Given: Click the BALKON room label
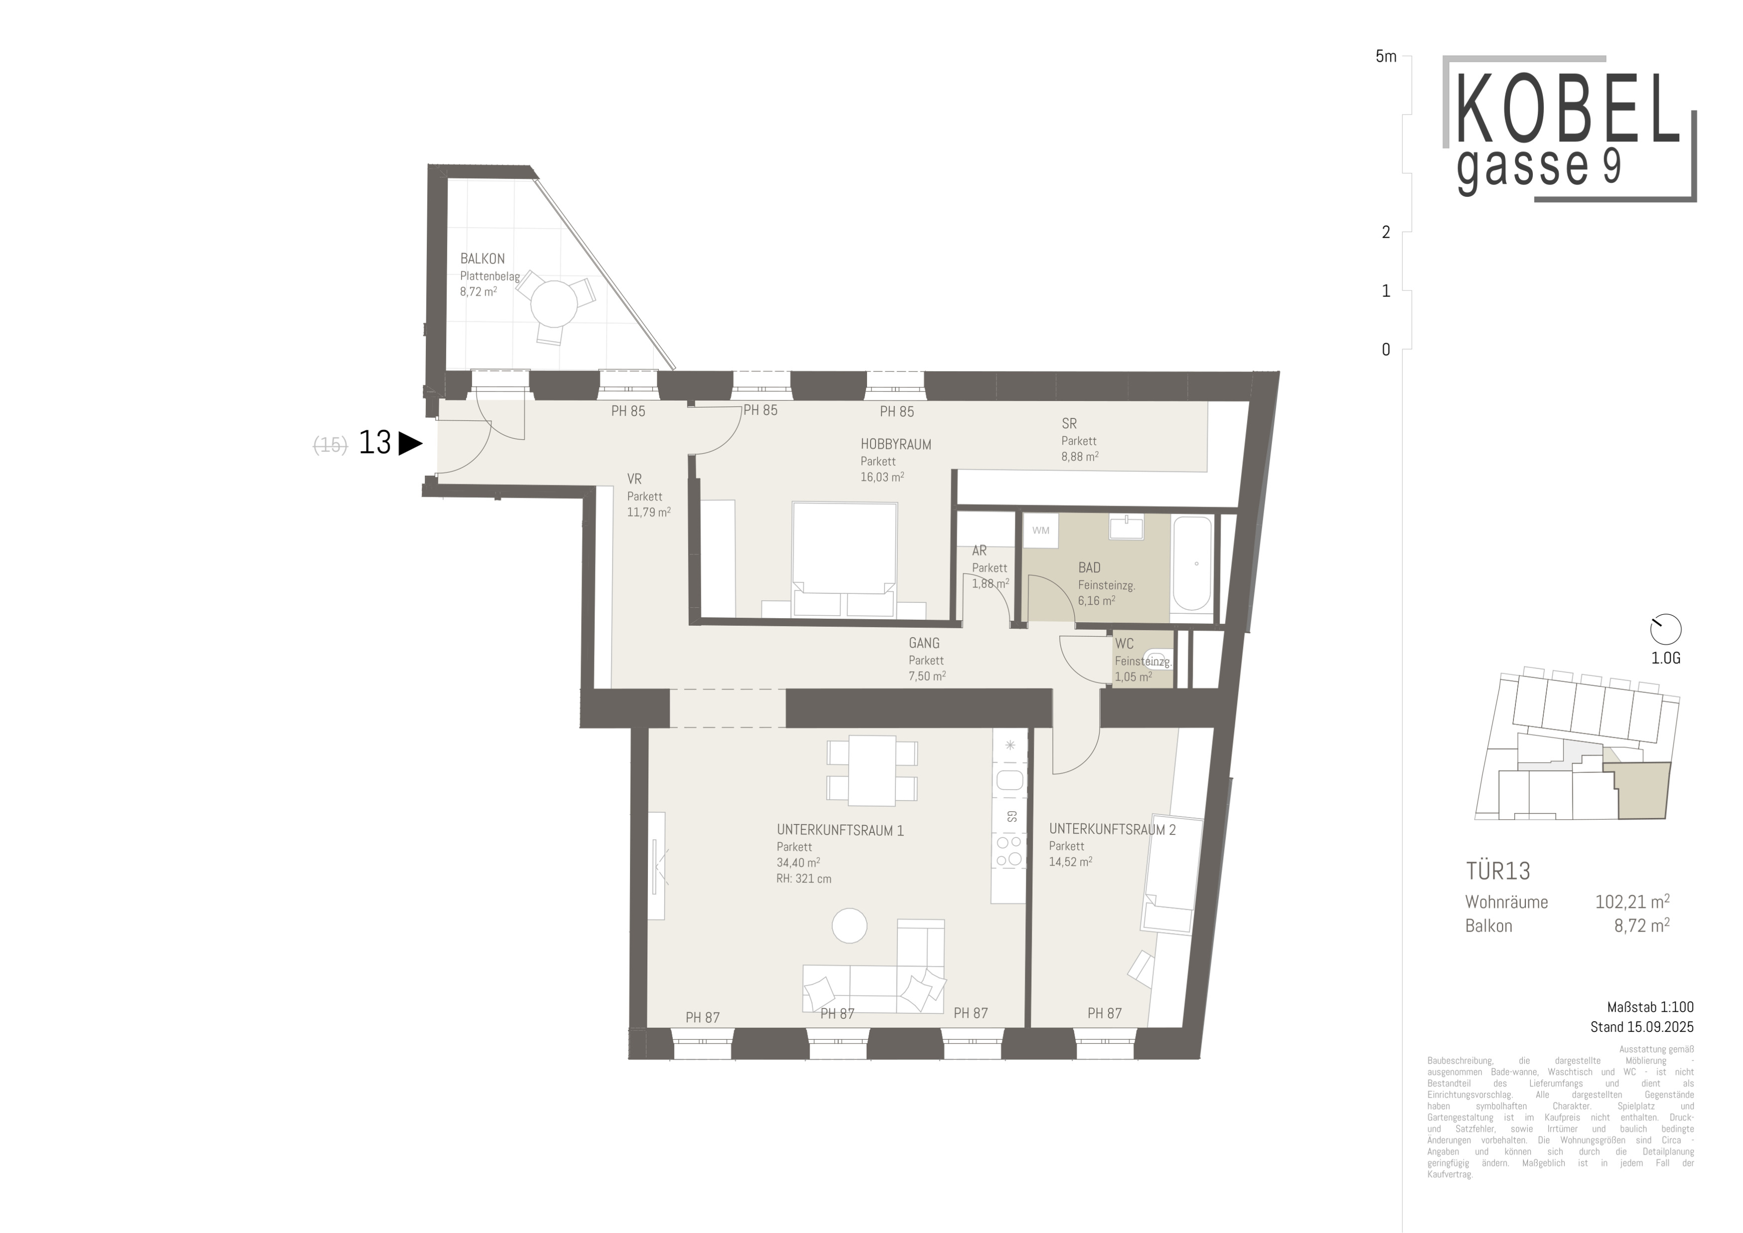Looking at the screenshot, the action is tap(482, 259).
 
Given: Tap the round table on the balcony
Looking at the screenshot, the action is tap(554, 304).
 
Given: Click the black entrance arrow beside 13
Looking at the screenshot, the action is tap(410, 443).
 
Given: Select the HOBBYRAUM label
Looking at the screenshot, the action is tap(896, 445).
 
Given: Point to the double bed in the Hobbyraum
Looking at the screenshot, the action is tap(844, 559).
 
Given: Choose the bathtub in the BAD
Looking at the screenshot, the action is tap(1192, 563).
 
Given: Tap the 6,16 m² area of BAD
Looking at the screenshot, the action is tap(1096, 600).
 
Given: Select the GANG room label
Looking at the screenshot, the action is tap(924, 643).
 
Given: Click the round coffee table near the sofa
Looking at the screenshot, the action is tap(850, 926).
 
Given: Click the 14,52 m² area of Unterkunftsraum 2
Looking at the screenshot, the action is tap(1070, 862).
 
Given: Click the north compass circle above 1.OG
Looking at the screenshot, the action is tap(1666, 629).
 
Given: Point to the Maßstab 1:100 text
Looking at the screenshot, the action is tap(1649, 1007).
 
